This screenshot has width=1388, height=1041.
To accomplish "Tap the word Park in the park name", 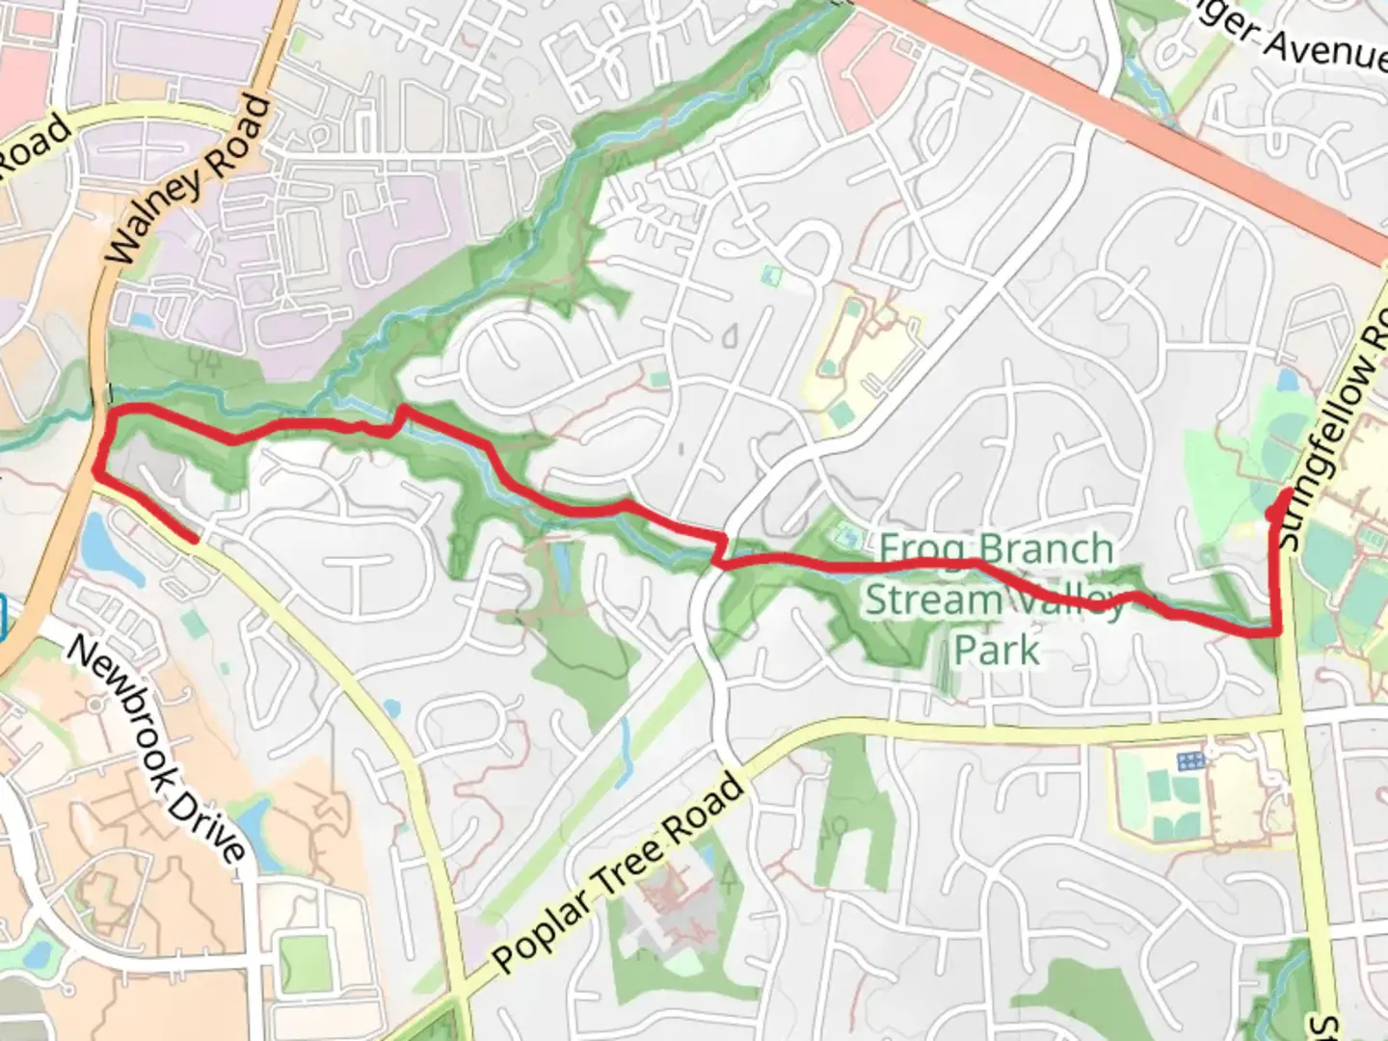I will click(x=997, y=650).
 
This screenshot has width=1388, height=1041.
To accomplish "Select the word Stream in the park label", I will click(x=933, y=600).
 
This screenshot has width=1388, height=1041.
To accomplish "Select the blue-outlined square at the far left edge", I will click(x=3, y=617).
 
